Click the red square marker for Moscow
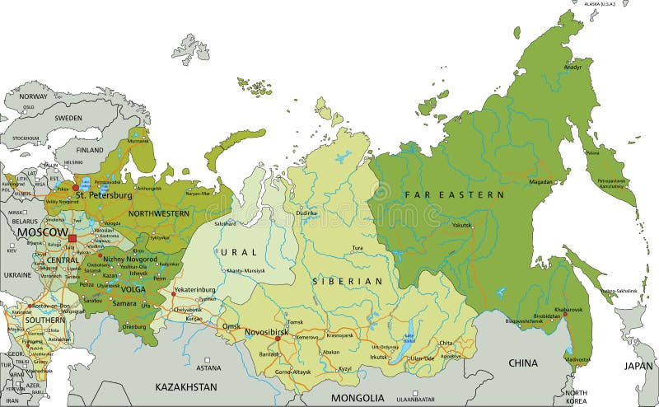pos(72,239)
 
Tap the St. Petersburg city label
pos(104,196)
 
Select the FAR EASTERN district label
pos(454,194)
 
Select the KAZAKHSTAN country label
pos(187,386)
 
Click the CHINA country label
pos(522,363)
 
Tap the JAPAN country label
pos(638,365)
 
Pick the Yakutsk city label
pos(461,225)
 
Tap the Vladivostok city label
pos(577,360)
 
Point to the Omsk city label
pos(231,326)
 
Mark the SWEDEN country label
pos(68,118)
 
